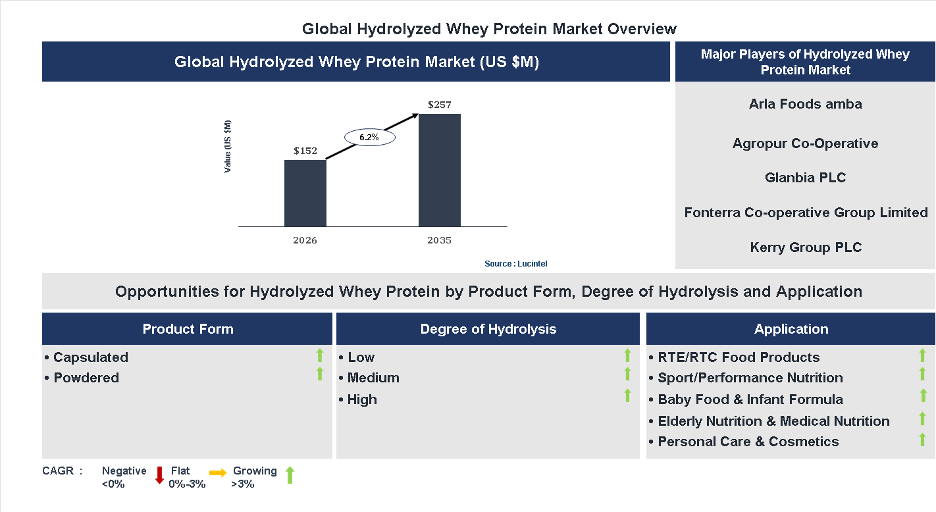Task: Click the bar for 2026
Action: [x=305, y=193]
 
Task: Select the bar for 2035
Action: [x=439, y=170]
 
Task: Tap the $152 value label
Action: [x=305, y=151]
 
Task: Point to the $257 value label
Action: [x=440, y=105]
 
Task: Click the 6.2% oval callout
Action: [x=369, y=138]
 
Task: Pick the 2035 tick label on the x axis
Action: [x=439, y=240]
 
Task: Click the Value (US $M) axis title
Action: [x=228, y=146]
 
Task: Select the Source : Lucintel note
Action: [x=516, y=263]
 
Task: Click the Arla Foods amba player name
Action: [x=805, y=104]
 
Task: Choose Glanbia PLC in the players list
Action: [x=805, y=178]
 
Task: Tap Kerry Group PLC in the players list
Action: [x=805, y=247]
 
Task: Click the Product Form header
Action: [x=188, y=329]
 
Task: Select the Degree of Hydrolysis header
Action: [x=488, y=329]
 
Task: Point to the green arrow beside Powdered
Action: [x=320, y=374]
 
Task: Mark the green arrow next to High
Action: [x=627, y=396]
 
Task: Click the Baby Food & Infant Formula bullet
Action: [x=750, y=399]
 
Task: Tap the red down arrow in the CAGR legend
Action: [x=159, y=475]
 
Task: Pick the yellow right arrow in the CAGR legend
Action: [x=218, y=473]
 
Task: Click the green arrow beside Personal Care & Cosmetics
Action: [x=923, y=439]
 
